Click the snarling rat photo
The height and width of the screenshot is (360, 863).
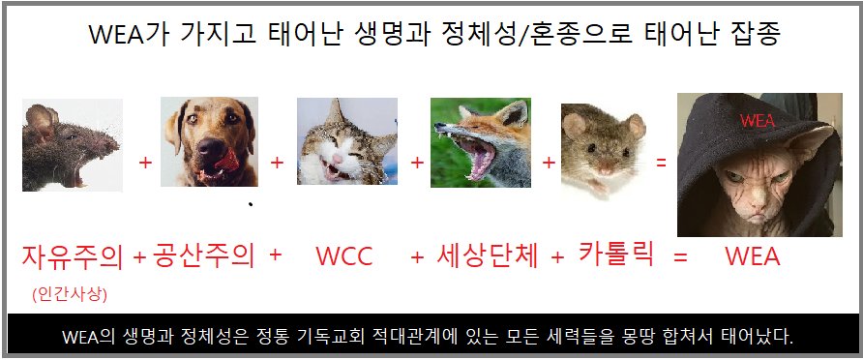(x=73, y=145)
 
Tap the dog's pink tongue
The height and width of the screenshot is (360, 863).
(x=226, y=161)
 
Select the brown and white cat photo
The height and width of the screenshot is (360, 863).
(x=346, y=141)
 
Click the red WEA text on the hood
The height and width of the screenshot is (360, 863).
(x=757, y=121)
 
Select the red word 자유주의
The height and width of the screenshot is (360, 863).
(x=73, y=256)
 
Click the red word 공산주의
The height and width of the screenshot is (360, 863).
(x=204, y=255)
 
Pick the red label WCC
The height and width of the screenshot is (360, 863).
(x=344, y=255)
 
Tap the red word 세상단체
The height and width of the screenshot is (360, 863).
(x=487, y=255)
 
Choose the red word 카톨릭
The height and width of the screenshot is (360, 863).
(x=616, y=254)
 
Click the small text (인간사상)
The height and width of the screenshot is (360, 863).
(x=70, y=294)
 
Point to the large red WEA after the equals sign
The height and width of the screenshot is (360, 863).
(x=753, y=256)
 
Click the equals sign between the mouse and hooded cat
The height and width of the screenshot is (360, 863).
(x=661, y=163)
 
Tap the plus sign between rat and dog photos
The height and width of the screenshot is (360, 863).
(x=145, y=164)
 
